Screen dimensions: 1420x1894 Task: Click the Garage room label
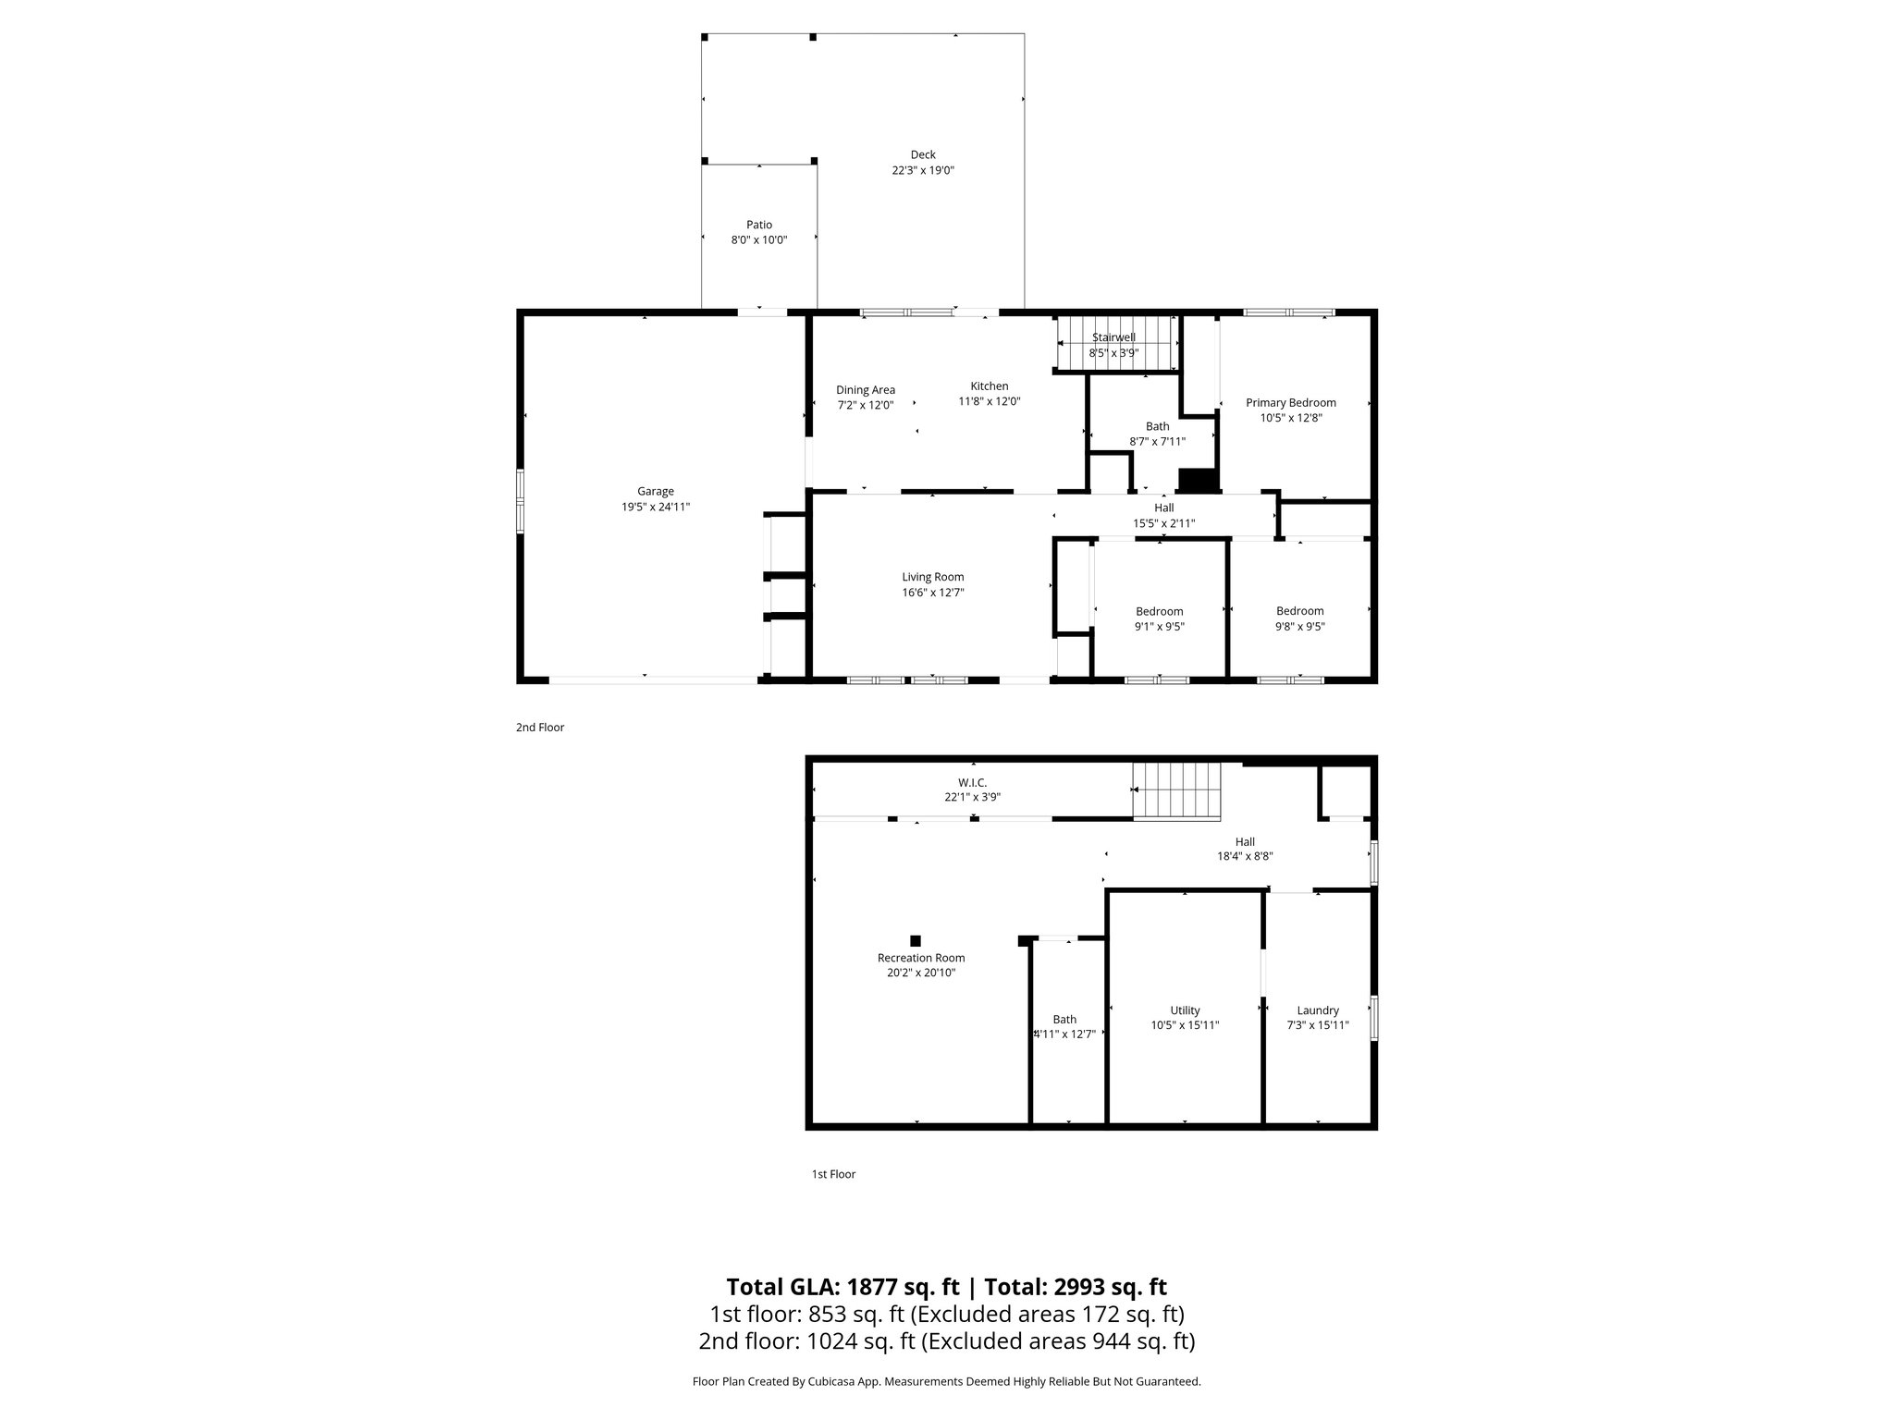655,492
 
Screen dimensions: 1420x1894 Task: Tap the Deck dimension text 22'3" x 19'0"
922,171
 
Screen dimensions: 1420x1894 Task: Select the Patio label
758,225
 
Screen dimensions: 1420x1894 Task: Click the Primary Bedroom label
1290,403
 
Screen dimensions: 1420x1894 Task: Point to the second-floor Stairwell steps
1118,344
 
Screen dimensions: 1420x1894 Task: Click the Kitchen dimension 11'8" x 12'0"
989,402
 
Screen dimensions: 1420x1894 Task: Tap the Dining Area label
866,390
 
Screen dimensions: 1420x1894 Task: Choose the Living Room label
933,577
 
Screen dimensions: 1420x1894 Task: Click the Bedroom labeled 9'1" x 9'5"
1159,611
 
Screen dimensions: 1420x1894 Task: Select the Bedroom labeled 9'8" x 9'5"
1299,611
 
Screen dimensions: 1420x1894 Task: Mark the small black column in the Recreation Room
916,940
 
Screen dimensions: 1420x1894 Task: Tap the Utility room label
1185,1010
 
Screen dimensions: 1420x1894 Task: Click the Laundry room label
1317,1010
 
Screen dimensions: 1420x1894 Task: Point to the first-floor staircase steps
1176,791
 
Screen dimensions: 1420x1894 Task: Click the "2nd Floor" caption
540,728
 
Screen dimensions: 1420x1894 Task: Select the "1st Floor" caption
833,1174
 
